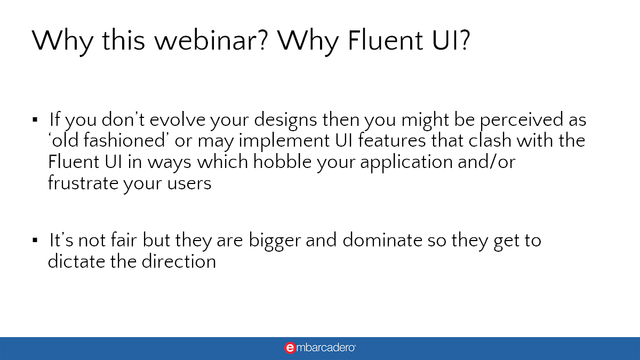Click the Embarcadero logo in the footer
tap(320, 348)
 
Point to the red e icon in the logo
tap(290, 348)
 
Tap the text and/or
tap(494, 162)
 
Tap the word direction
tap(179, 262)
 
